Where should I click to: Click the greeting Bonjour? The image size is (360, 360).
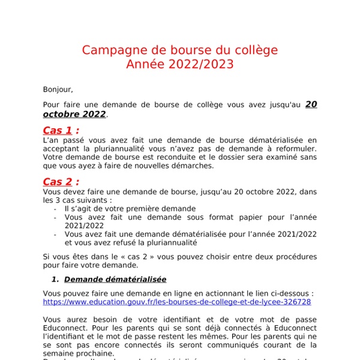click(58, 89)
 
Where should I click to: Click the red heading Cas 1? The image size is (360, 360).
click(61, 130)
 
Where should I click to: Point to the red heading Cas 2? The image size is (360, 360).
click(61, 182)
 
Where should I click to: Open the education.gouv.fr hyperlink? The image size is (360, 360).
click(177, 302)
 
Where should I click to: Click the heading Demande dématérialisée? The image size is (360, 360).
click(115, 279)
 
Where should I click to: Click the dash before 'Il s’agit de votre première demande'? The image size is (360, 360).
click(55, 208)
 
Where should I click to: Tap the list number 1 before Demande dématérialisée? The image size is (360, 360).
click(54, 279)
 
